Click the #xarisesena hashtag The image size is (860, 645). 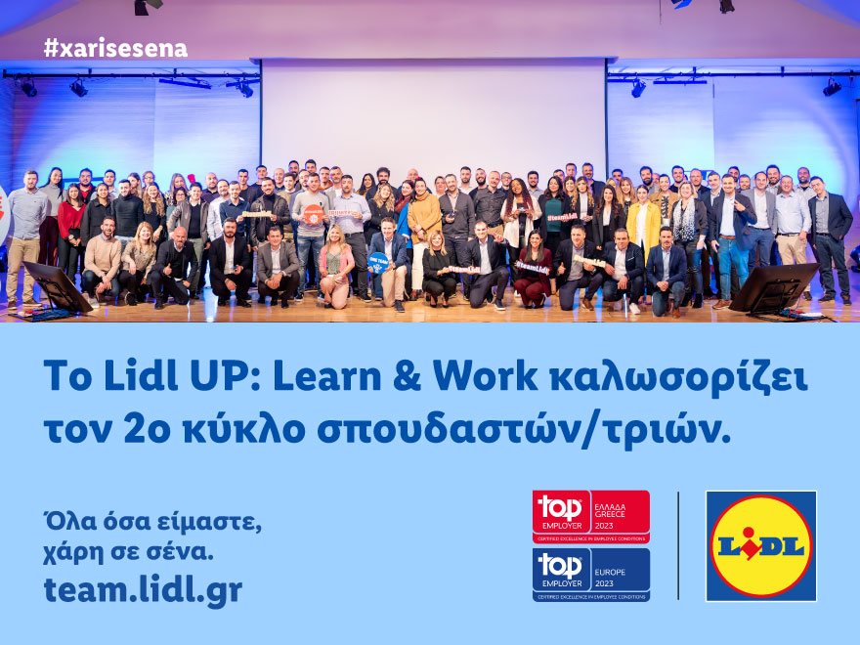point(115,48)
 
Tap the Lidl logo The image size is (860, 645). point(760,545)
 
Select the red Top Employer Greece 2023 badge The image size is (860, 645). point(590,516)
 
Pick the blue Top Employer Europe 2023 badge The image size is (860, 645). point(590,574)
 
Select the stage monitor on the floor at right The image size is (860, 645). point(772,289)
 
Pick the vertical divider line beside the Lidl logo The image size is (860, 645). point(678,545)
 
